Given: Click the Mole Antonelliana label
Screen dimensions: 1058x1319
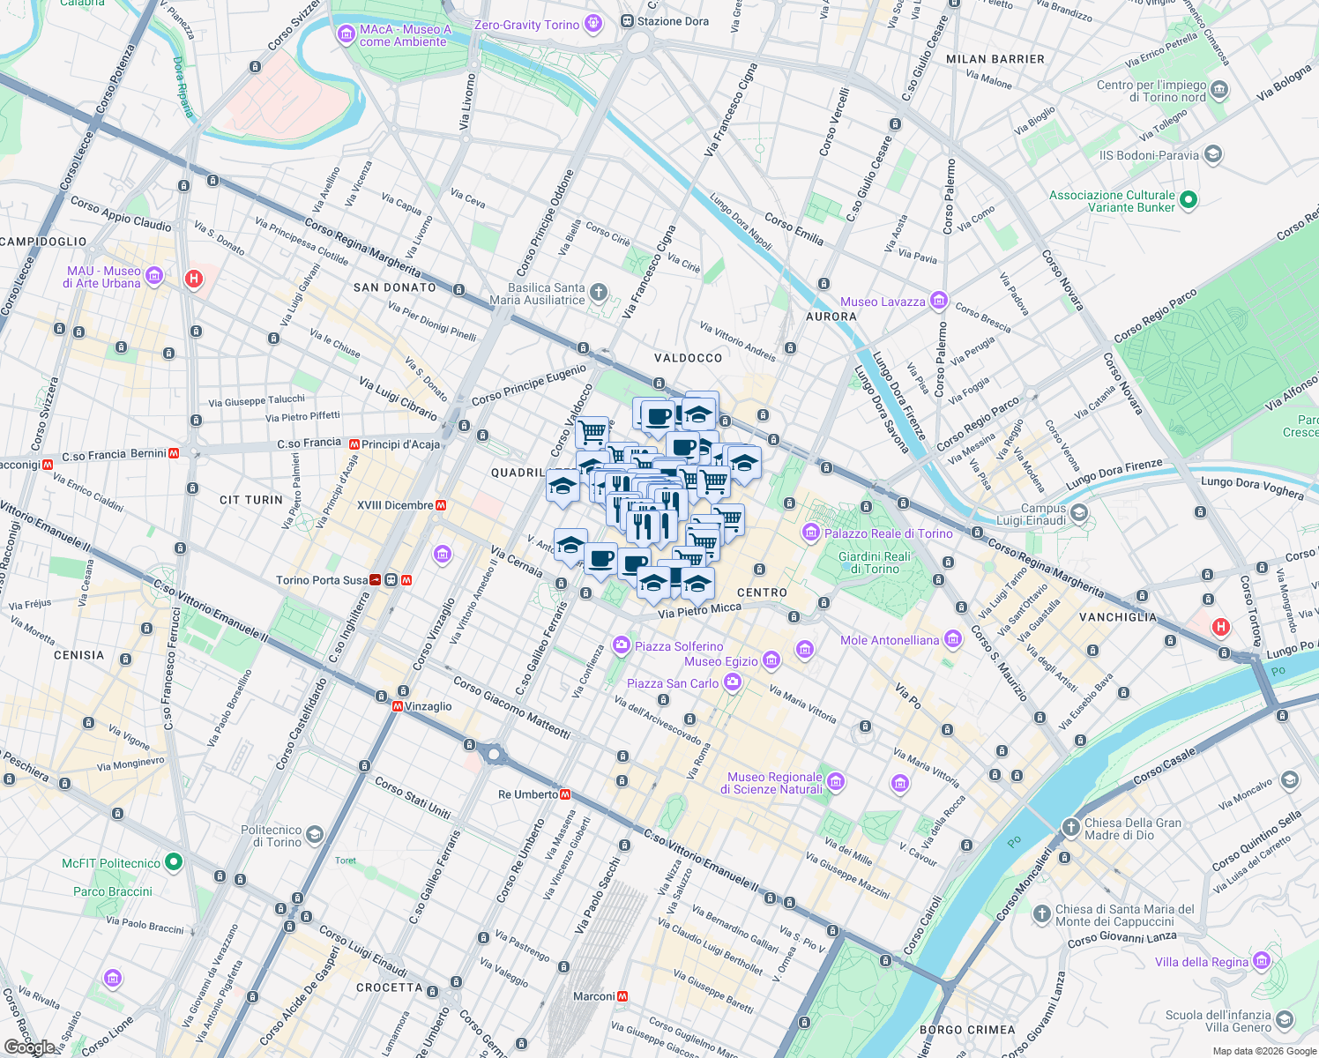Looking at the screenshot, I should pyautogui.click(x=890, y=640).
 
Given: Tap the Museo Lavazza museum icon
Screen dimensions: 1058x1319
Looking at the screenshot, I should pyautogui.click(x=939, y=302).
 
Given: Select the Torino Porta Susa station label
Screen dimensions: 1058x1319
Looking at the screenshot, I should pyautogui.click(x=322, y=580).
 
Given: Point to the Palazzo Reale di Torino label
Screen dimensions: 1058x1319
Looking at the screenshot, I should pyautogui.click(x=888, y=533).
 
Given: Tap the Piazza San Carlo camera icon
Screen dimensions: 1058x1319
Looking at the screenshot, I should pyautogui.click(x=732, y=682).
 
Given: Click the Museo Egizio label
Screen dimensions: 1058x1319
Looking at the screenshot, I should pyautogui.click(x=720, y=661).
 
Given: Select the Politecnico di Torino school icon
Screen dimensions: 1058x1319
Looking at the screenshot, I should pyautogui.click(x=315, y=835).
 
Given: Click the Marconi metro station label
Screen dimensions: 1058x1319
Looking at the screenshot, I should pyautogui.click(x=593, y=996).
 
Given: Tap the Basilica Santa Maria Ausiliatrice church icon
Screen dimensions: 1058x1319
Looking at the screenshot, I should pyautogui.click(x=599, y=293).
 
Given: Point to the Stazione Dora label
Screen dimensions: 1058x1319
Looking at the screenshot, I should pyautogui.click(x=673, y=21).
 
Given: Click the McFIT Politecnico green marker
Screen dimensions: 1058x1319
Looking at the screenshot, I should pyautogui.click(x=174, y=862).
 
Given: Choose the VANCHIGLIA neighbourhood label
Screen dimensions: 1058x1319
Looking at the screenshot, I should pyautogui.click(x=1118, y=617).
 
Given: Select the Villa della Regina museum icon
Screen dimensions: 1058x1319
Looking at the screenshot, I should pyautogui.click(x=1262, y=961).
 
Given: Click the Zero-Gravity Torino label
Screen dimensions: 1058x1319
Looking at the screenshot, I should pyautogui.click(x=526, y=25).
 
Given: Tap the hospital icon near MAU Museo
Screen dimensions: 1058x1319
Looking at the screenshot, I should pyautogui.click(x=194, y=279).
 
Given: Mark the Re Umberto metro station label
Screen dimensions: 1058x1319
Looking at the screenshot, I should pyautogui.click(x=527, y=794).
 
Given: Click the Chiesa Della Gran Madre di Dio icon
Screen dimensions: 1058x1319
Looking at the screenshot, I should pyautogui.click(x=1070, y=827).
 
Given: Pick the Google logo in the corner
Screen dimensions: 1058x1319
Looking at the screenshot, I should pyautogui.click(x=29, y=1047).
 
